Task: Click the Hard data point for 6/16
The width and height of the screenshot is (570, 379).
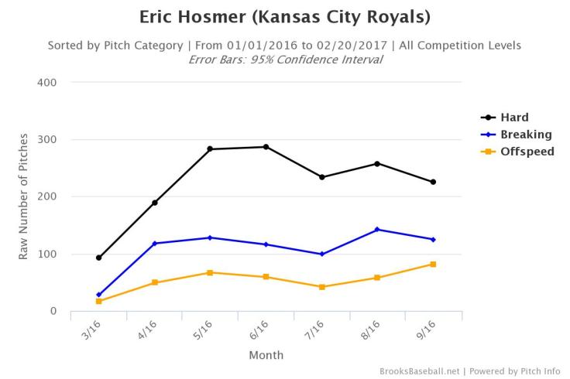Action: (266, 147)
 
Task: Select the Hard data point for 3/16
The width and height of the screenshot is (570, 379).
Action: (98, 258)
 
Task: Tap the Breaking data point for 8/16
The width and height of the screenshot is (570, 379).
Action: (377, 229)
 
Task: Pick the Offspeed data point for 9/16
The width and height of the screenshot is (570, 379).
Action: (433, 265)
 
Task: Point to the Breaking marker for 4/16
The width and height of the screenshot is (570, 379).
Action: (154, 244)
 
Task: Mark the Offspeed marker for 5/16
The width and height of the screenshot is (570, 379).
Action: (210, 272)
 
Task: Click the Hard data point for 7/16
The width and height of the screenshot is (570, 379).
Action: (321, 177)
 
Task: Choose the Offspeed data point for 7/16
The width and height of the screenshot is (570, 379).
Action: (321, 287)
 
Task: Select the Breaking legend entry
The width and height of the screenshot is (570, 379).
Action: (524, 135)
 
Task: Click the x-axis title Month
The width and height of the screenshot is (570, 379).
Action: (266, 355)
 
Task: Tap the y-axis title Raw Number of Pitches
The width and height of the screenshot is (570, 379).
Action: (24, 196)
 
